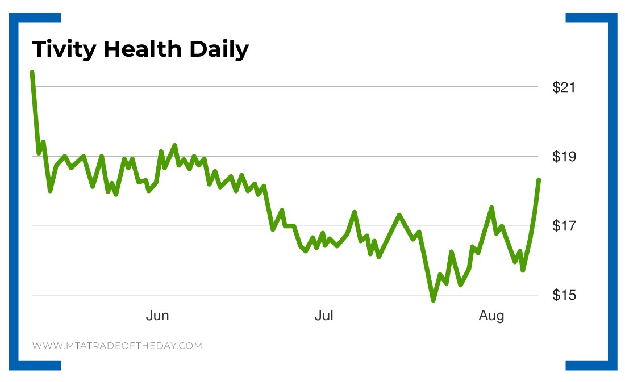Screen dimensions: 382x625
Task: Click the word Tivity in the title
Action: click(63, 49)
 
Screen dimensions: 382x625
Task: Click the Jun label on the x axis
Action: click(157, 316)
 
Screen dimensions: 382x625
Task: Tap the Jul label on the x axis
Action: click(324, 316)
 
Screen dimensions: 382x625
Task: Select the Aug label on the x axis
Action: click(491, 316)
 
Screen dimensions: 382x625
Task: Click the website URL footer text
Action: click(117, 345)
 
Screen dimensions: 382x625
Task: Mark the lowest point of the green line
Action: click(434, 300)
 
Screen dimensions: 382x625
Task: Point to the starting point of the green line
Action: click(32, 73)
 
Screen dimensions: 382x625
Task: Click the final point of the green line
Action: click(538, 180)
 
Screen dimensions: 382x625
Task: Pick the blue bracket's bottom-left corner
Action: click(20, 366)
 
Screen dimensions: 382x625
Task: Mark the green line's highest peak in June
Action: click(174, 145)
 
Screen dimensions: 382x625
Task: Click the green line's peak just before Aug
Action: click(491, 208)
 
